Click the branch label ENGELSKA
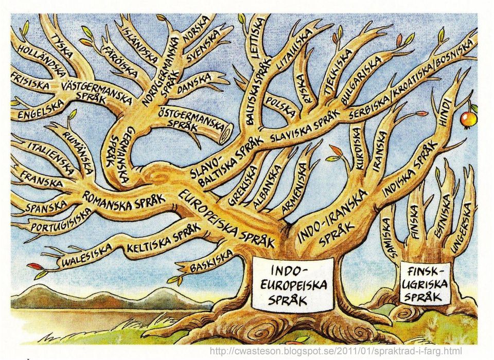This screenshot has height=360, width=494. pyautogui.click(x=41, y=110)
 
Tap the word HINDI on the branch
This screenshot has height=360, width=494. pyautogui.click(x=445, y=112)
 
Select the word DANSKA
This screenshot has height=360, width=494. pyautogui.click(x=195, y=83)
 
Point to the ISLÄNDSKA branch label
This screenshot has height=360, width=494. pyautogui.click(x=139, y=43)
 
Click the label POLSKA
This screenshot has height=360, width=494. pyautogui.click(x=281, y=107)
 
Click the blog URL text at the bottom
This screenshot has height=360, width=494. pyautogui.click(x=336, y=351)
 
